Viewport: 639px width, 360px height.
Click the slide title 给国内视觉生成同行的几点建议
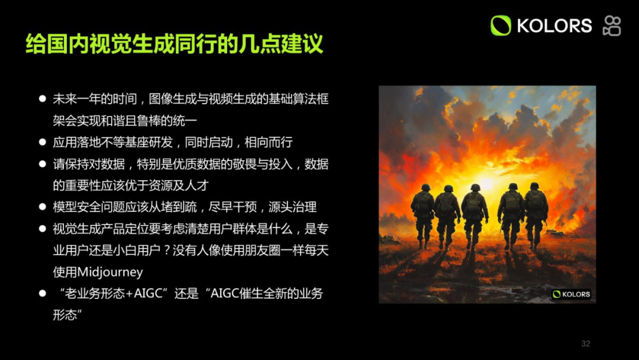(175, 44)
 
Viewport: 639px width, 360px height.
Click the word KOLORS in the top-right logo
(554, 25)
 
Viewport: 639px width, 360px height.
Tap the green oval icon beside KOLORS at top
(501, 25)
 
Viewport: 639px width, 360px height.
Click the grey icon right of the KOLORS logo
(612, 25)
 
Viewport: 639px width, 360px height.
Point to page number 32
(586, 344)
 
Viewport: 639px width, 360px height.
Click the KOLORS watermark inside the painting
(572, 294)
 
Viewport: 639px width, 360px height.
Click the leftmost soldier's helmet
(425, 187)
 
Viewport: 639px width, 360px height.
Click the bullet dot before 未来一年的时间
(43, 99)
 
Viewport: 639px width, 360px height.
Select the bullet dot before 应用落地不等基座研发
(43, 143)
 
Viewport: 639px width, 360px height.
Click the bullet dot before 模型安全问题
(43, 207)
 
